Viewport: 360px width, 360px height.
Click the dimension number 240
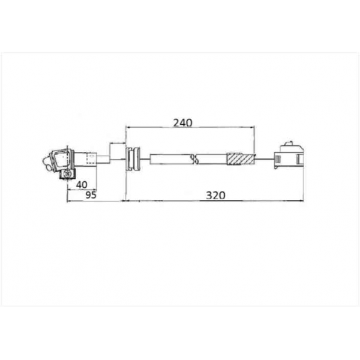click(182, 123)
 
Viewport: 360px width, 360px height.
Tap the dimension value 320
click(215, 196)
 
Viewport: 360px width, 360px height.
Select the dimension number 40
click(82, 185)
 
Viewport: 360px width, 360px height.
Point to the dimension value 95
click(91, 195)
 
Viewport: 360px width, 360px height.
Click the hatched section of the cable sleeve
click(241, 159)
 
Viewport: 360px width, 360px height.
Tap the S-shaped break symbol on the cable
click(194, 159)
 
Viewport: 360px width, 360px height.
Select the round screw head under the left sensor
click(67, 174)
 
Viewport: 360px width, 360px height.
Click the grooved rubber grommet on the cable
click(133, 159)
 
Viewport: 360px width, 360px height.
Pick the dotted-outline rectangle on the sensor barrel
click(92, 158)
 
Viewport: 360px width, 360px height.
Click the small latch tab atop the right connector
click(289, 143)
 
